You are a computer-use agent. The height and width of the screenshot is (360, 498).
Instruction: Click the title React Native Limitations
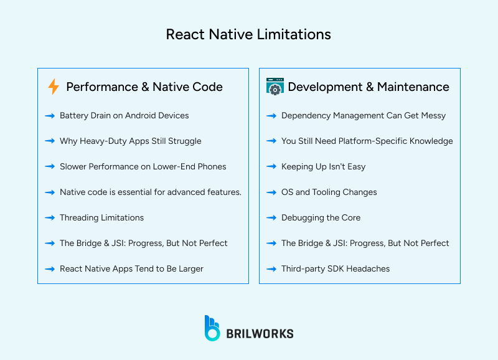pos(248,34)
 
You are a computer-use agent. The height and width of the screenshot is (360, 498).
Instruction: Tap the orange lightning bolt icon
pos(54,87)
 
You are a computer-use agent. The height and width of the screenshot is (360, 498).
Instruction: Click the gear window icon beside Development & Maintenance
pos(275,87)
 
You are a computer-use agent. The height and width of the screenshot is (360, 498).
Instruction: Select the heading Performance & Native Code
pos(144,87)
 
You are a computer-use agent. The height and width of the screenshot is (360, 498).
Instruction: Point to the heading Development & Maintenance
pos(368,87)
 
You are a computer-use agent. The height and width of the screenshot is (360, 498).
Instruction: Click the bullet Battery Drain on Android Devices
pos(124,115)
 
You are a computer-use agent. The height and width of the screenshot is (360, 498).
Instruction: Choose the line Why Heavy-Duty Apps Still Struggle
pos(130,141)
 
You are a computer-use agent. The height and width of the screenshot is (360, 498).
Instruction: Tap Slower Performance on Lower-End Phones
pos(143,166)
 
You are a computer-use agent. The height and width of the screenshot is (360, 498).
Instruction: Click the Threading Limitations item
pos(101,217)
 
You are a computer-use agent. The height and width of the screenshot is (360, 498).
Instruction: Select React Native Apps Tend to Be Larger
pos(131,268)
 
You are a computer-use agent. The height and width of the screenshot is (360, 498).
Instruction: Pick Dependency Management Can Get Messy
pos(364,115)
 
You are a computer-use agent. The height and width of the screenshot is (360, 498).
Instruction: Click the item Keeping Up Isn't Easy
pos(323,166)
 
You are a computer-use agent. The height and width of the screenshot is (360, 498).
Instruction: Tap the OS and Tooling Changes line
pos(329,192)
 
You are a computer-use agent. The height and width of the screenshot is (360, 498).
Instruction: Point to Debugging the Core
pos(321,217)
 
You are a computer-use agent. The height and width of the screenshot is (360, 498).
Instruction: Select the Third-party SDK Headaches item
pos(336,268)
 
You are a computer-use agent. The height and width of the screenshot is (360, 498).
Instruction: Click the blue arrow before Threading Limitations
pos(50,217)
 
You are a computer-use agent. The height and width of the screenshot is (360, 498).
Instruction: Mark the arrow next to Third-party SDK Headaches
pos(271,268)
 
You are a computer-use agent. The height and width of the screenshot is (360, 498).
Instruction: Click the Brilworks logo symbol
pos(212,328)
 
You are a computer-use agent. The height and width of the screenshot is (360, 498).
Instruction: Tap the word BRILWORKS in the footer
pos(260,334)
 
